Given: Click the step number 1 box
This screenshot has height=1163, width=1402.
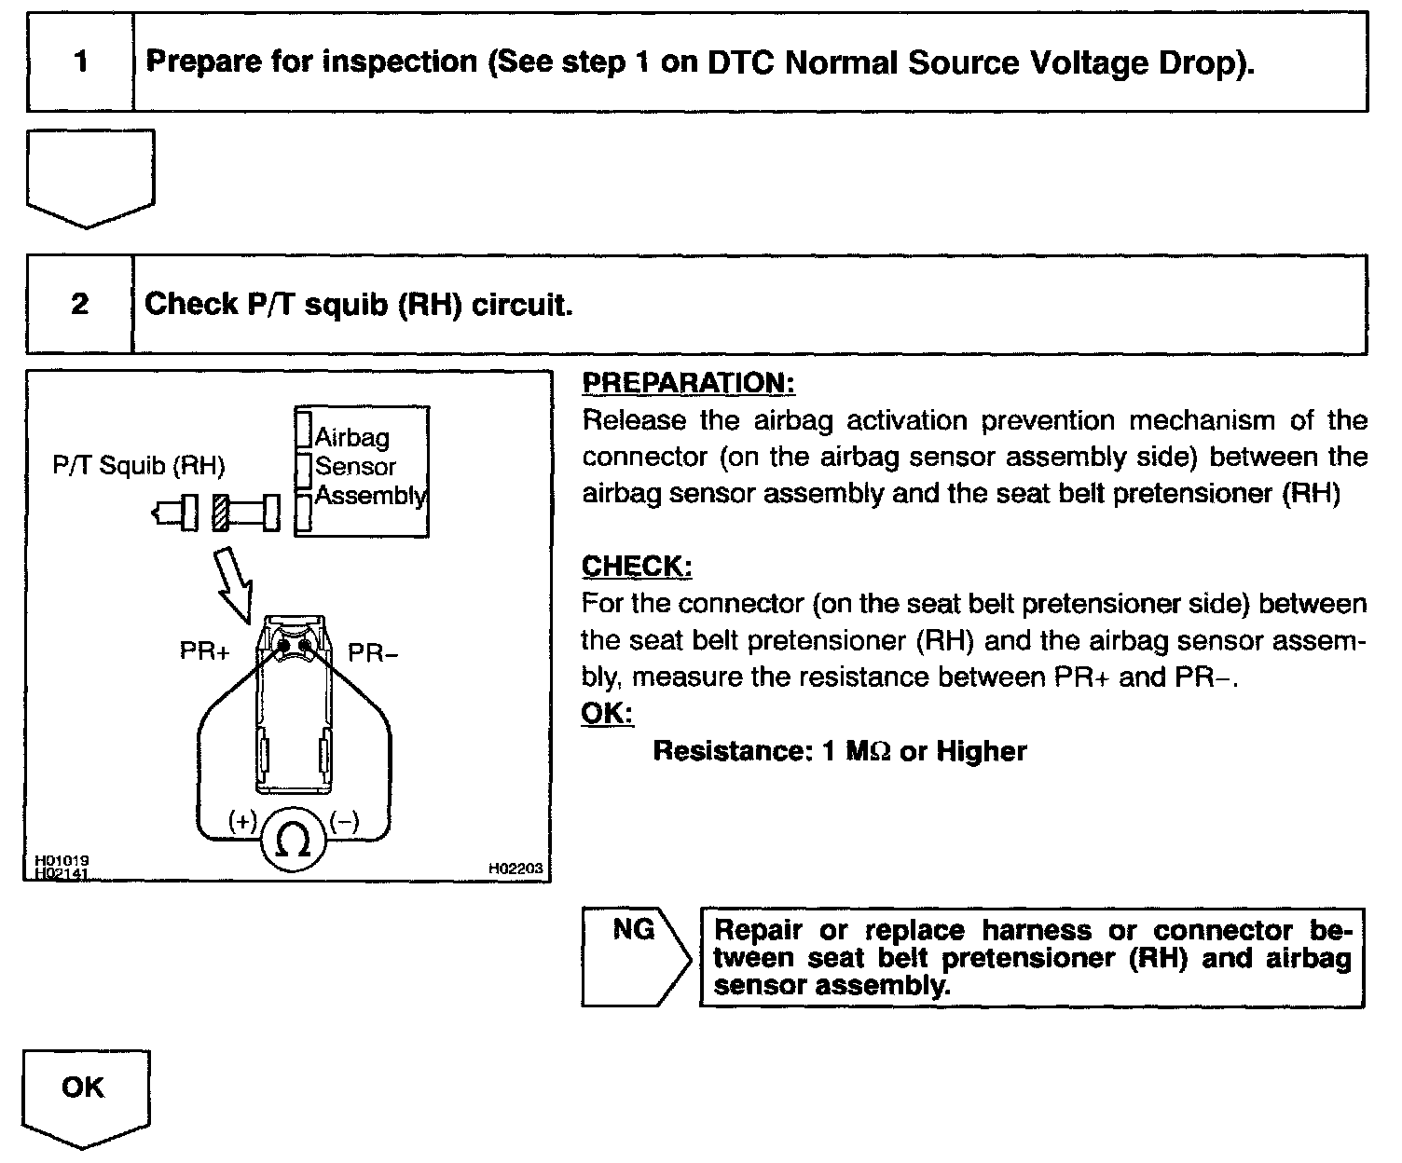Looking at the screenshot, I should coord(81,63).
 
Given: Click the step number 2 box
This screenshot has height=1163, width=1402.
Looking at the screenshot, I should coord(80,305).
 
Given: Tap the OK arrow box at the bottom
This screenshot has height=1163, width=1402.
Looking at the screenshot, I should coord(85,1089).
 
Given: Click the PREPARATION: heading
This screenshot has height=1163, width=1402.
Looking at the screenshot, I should coord(689,383).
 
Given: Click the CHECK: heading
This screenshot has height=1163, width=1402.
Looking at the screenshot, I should coord(637,567).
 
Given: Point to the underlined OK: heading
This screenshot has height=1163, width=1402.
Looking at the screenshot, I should coord(606,713).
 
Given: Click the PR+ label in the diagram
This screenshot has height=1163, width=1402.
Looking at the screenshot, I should coord(204,652).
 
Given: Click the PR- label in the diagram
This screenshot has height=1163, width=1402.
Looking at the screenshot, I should coord(373,652).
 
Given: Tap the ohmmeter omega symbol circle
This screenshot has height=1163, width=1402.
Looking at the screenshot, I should coord(295,841).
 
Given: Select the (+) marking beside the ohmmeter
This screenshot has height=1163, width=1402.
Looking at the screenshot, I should coord(243,821).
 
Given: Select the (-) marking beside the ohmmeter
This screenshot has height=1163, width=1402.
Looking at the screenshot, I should coord(344,821).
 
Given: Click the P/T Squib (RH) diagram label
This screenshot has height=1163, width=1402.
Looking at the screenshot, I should coord(139,466).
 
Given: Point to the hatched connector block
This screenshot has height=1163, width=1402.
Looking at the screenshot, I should coord(220,512).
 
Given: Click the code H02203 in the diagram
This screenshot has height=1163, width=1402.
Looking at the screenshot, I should coord(515,868).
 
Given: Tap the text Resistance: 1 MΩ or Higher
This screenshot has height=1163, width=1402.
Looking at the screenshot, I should coord(839,751).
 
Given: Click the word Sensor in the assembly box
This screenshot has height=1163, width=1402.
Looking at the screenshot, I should coord(355,466).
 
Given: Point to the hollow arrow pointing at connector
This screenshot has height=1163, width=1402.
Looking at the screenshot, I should coord(233,583).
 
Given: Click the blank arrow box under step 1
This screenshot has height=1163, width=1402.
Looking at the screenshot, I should coord(89,177).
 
